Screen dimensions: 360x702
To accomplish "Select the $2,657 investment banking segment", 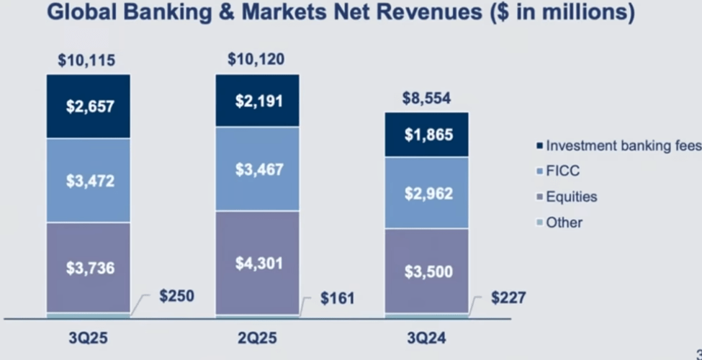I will pyautogui.click(x=88, y=107).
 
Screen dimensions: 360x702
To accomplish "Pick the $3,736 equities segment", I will pyautogui.click(x=88, y=267).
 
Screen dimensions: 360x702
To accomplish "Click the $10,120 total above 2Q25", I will pyautogui.click(x=257, y=60).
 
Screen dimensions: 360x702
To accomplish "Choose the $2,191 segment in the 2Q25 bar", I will pyautogui.click(x=258, y=101).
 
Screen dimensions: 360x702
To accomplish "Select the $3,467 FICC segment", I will pyautogui.click(x=258, y=170).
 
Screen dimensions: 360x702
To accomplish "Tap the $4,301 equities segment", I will pyautogui.click(x=258, y=263).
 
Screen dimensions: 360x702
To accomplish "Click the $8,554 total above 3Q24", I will pyautogui.click(x=426, y=99).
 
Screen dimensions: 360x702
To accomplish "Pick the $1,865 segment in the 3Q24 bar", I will pyautogui.click(x=427, y=135).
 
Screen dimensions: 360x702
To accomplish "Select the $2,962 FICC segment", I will pyautogui.click(x=427, y=193).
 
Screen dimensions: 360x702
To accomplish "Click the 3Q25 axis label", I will pyautogui.click(x=88, y=338).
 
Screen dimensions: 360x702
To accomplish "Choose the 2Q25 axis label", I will pyautogui.click(x=258, y=338).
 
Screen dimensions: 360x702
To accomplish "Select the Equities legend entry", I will pyautogui.click(x=571, y=197).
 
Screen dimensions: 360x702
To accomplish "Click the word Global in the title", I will pyautogui.click(x=81, y=14).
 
